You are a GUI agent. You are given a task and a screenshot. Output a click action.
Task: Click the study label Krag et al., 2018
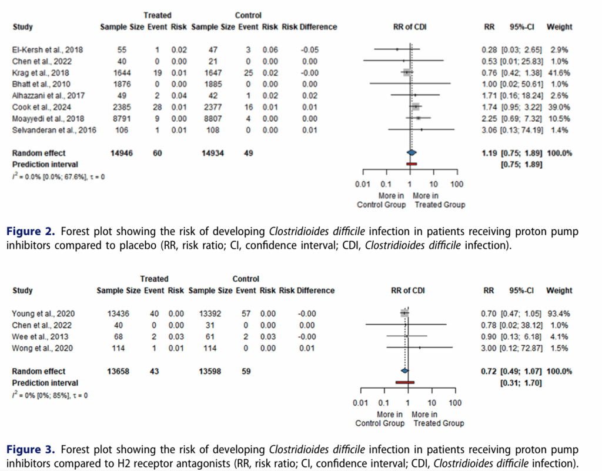click(40, 73)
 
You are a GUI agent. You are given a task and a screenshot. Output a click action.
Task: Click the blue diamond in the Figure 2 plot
click(411, 153)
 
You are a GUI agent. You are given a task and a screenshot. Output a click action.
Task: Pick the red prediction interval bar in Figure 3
click(405, 382)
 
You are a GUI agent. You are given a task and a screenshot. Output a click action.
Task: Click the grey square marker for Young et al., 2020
click(404, 313)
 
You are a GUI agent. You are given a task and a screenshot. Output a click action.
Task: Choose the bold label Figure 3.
click(24, 449)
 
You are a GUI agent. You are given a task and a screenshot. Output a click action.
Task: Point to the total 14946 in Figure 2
click(118, 153)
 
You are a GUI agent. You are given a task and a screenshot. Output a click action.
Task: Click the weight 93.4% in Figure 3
click(558, 313)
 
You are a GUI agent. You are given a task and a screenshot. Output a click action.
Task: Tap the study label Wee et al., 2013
click(36, 336)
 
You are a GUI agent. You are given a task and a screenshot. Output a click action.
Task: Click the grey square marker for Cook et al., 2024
click(416, 106)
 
